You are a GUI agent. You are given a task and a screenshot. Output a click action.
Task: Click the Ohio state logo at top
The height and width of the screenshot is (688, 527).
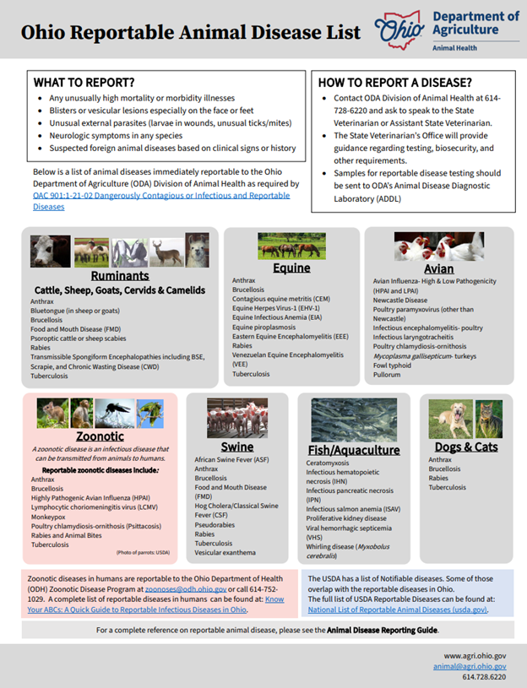click(x=397, y=30)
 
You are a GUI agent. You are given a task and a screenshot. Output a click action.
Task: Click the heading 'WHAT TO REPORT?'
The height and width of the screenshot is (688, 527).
click(x=84, y=83)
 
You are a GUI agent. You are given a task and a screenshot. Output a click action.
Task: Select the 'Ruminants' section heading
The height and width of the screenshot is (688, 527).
click(x=120, y=276)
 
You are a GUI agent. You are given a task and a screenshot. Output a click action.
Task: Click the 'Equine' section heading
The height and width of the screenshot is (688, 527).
click(x=291, y=268)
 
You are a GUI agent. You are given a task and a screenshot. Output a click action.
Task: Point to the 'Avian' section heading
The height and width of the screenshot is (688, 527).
click(x=439, y=269)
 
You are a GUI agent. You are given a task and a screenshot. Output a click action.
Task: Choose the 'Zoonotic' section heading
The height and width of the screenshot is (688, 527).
click(x=100, y=436)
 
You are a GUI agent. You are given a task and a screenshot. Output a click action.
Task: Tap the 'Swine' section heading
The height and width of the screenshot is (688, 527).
click(x=236, y=447)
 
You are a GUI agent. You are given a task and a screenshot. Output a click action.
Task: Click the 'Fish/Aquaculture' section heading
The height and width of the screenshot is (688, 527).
click(x=353, y=450)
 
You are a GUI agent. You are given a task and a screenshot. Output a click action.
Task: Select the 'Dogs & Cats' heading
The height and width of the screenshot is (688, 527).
click(x=465, y=447)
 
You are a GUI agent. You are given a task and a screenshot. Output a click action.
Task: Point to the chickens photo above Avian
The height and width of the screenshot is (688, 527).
click(x=438, y=246)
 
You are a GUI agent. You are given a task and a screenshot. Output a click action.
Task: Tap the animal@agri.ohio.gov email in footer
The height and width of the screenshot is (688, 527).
click(x=475, y=665)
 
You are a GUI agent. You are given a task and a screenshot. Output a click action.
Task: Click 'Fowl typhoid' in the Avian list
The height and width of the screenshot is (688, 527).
click(x=393, y=365)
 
